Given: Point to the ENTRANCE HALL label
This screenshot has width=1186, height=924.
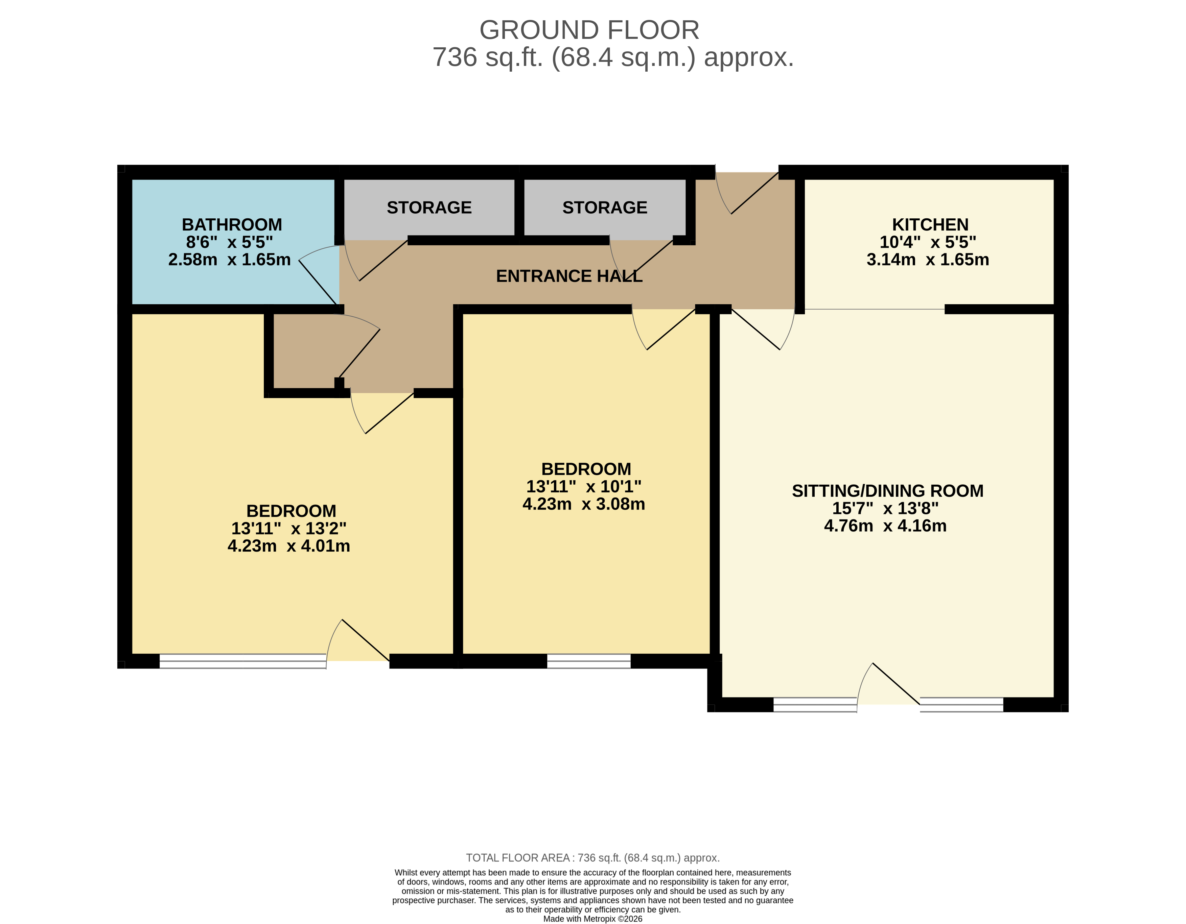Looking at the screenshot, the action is pyautogui.click(x=569, y=276).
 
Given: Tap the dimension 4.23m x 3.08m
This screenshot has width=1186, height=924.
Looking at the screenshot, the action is pyautogui.click(x=584, y=504).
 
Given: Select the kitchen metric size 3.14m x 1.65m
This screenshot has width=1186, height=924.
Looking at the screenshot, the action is pyautogui.click(x=928, y=259).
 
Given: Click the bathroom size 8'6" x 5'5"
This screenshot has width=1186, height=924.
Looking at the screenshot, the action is pyautogui.click(x=229, y=242).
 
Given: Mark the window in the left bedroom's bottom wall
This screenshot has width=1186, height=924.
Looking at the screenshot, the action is pyautogui.click(x=243, y=661).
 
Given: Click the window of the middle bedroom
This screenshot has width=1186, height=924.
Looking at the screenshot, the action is pyautogui.click(x=589, y=661).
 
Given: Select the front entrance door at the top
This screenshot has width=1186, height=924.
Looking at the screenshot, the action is pyautogui.click(x=747, y=193).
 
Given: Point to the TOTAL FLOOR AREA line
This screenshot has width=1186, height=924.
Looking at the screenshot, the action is pyautogui.click(x=592, y=858).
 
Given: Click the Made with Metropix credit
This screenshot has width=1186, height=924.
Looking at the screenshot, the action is pyautogui.click(x=592, y=919).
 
